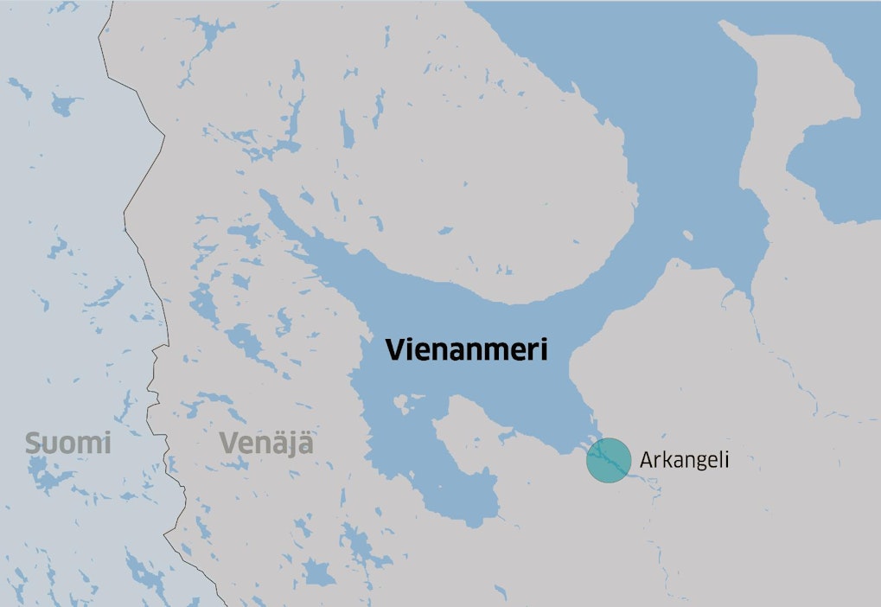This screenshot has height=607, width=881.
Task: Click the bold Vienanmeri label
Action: pos(468,349)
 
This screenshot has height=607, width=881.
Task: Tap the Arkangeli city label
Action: pos(685,460)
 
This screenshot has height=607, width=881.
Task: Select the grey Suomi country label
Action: pos(68,444)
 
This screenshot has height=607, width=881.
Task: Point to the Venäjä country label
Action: pos(266,444)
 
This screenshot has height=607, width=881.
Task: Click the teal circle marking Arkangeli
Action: pos(609,460)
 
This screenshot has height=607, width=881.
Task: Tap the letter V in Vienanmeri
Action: pos(394,349)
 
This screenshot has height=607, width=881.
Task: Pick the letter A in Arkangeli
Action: pos(646,460)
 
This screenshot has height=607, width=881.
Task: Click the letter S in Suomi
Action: pos(32,444)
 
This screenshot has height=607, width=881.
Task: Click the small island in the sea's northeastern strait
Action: pos(689,235)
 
